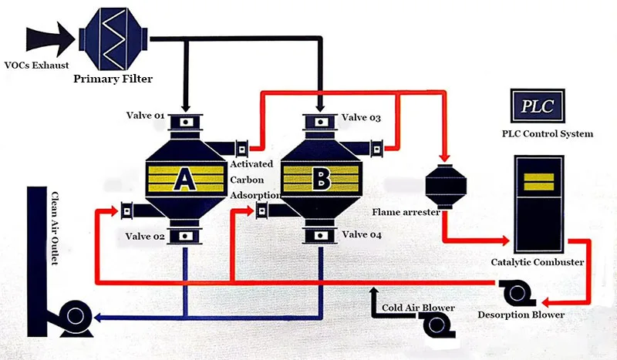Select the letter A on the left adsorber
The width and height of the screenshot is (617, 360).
tap(184, 179)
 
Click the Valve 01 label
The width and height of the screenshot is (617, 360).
tap(146, 116)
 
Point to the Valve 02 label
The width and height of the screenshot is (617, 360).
tap(146, 236)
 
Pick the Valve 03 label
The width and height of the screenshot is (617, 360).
tap(362, 117)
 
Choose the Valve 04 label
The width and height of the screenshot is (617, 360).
tap(362, 234)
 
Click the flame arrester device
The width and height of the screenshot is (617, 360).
tap(443, 186)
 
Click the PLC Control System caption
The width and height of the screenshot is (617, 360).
tap(542, 134)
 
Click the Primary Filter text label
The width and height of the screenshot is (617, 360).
tap(113, 79)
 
